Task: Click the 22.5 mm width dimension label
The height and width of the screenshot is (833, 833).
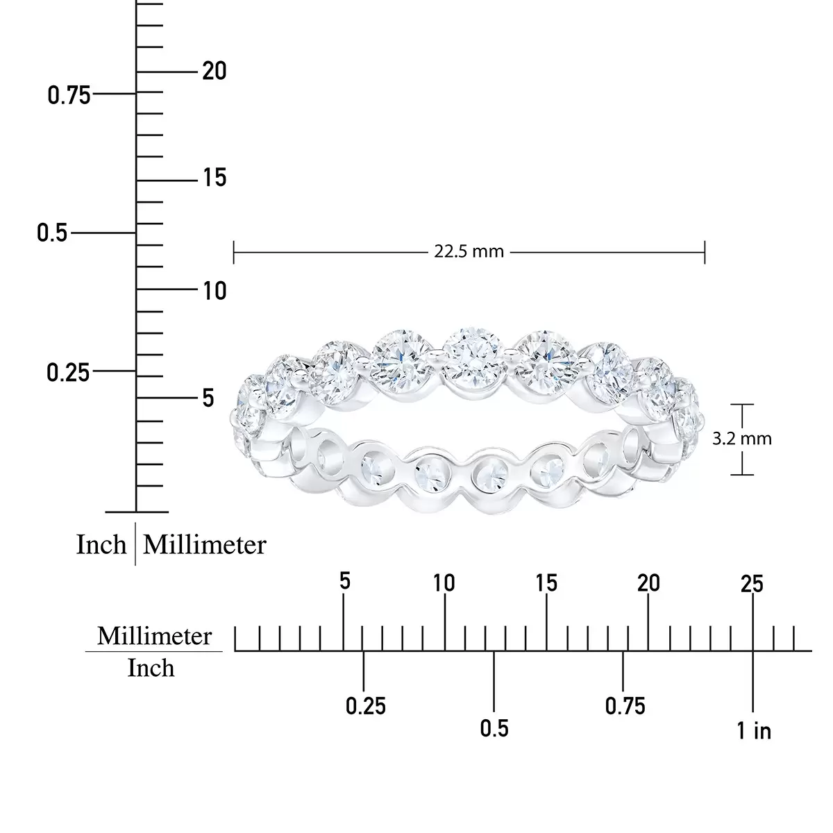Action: [469, 251]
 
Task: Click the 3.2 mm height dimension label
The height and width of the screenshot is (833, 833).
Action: [742, 439]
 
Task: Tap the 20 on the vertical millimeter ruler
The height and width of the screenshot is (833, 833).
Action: [214, 71]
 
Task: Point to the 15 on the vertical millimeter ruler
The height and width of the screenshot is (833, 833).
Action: [214, 178]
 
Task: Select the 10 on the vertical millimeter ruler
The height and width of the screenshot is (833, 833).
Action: [214, 291]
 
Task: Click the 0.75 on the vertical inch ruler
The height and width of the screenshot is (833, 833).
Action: [69, 95]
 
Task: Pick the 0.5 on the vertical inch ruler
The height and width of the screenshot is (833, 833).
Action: [52, 233]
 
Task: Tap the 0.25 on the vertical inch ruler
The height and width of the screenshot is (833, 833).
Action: [68, 373]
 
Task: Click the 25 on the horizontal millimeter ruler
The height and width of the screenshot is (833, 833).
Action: [752, 584]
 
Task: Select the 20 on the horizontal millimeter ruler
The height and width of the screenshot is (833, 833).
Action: [648, 583]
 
